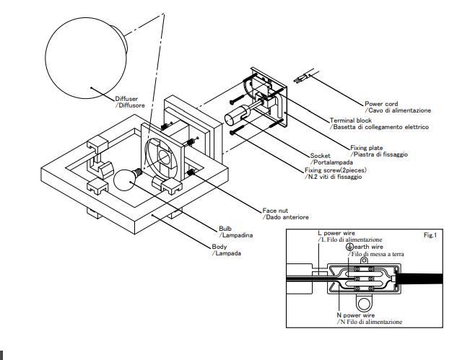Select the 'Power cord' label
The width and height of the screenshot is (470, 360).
pyautogui.click(x=382, y=104)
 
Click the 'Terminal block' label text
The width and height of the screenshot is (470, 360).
pyautogui.click(x=352, y=120)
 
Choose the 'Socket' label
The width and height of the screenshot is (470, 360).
pyautogui.click(x=321, y=155)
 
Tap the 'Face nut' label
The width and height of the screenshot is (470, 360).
pyautogui.click(x=276, y=211)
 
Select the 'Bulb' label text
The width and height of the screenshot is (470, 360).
pyautogui.click(x=226, y=228)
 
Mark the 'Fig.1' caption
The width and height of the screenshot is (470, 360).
pyautogui.click(x=430, y=235)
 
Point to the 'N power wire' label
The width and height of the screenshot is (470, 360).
pyautogui.click(x=355, y=315)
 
